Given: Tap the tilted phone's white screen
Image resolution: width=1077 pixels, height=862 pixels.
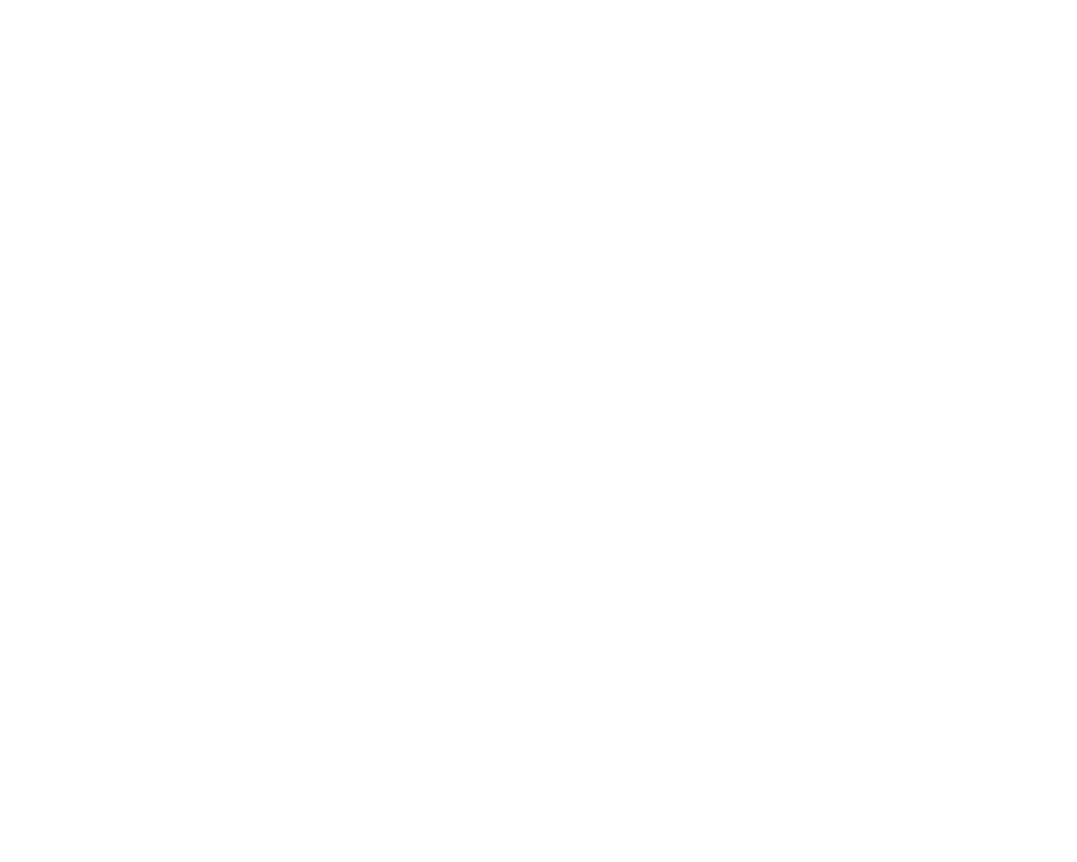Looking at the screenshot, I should [x=269, y=431].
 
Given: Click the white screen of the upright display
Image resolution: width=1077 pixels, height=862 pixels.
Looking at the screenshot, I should [x=808, y=425].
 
